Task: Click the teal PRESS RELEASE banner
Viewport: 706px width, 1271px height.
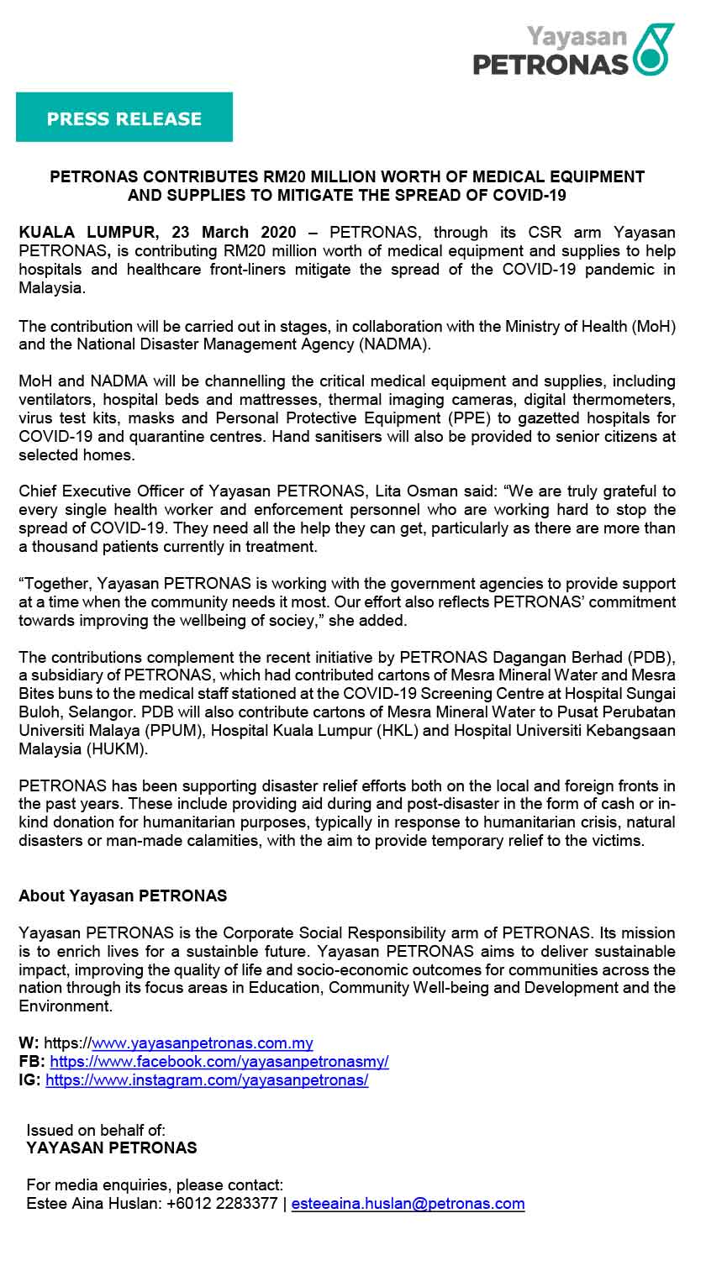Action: tap(124, 118)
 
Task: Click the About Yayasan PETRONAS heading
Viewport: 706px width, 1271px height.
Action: tap(123, 895)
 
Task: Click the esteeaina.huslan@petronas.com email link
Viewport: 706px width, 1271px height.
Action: tap(408, 1204)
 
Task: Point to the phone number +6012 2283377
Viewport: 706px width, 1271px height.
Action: tap(222, 1204)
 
